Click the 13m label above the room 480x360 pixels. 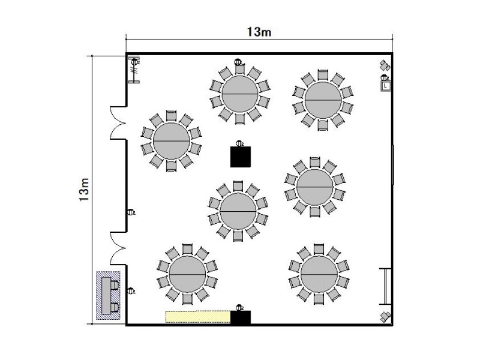[x=259, y=32]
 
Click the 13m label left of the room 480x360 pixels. [x=84, y=190]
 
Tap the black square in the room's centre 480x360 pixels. [x=241, y=157]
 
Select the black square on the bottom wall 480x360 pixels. [x=241, y=317]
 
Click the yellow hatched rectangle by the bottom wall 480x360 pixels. [x=198, y=317]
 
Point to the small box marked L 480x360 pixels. [x=385, y=86]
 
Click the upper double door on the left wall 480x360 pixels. [x=118, y=123]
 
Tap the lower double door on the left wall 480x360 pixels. [x=118, y=248]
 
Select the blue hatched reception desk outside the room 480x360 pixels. [x=109, y=296]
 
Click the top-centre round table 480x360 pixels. [x=239, y=94]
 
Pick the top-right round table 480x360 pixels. [x=323, y=100]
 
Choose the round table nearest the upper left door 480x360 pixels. [x=172, y=141]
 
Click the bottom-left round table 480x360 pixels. [x=187, y=274]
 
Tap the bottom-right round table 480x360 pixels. [x=319, y=274]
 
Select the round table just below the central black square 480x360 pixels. [x=238, y=211]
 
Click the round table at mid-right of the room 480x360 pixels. [x=314, y=187]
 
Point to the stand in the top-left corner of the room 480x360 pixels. [x=134, y=70]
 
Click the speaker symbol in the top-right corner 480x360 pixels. [x=385, y=65]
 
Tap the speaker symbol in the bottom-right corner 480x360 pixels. [x=385, y=317]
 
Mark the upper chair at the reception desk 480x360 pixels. [x=115, y=285]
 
